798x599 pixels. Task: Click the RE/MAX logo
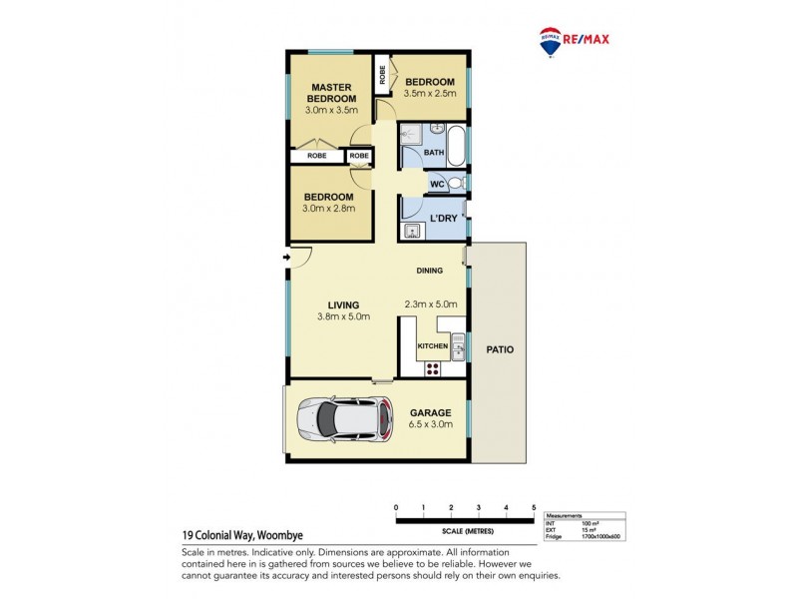(x=574, y=41)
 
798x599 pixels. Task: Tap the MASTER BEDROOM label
(x=331, y=92)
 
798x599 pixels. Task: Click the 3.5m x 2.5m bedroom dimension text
(x=429, y=94)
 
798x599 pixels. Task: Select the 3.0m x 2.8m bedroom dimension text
(x=329, y=209)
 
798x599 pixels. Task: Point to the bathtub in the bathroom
(x=457, y=147)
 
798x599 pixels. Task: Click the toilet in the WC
(x=455, y=184)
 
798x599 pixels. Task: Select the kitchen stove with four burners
(x=432, y=367)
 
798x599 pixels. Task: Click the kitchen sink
(x=457, y=346)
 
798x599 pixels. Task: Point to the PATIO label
(x=500, y=350)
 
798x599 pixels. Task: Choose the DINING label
(x=431, y=271)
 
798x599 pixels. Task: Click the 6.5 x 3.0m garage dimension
(x=431, y=424)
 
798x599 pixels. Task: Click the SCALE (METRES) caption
(x=465, y=531)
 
